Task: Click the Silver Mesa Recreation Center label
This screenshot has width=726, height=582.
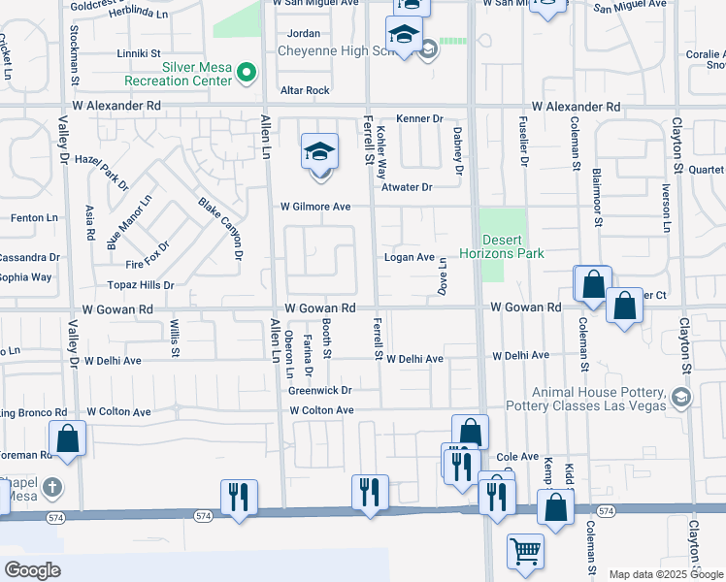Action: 184,74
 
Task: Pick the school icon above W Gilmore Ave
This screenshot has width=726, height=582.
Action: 319,152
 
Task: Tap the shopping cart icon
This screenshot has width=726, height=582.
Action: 525,551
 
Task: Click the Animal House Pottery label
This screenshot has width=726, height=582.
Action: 587,399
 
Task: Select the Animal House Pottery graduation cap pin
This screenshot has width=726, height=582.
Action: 681,396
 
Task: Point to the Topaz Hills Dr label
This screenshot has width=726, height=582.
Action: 140,286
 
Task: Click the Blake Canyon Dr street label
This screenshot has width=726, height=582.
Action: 220,229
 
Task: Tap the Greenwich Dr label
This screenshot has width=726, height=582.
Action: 319,391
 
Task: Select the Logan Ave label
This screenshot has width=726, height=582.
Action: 409,257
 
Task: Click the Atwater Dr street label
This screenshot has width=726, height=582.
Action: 406,187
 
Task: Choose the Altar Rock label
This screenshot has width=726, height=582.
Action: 305,90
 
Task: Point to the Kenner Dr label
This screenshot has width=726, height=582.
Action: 418,118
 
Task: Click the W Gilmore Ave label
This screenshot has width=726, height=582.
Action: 315,207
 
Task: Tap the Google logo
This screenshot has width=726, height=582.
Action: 32,569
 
